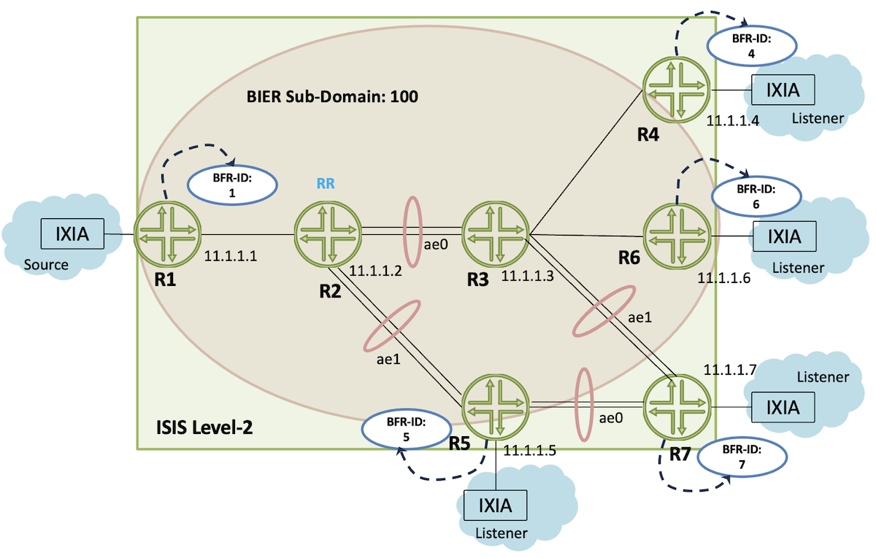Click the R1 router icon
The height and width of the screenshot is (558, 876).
(167, 234)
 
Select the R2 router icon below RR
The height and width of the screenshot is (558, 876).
(328, 234)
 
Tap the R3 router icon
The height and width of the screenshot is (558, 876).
(495, 234)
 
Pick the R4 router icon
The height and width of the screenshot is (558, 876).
(676, 90)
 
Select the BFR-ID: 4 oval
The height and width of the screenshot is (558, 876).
(752, 46)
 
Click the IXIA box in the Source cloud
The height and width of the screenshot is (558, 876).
(72, 236)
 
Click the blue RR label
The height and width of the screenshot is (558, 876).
(326, 184)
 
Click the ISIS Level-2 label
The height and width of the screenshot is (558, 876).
(205, 427)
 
